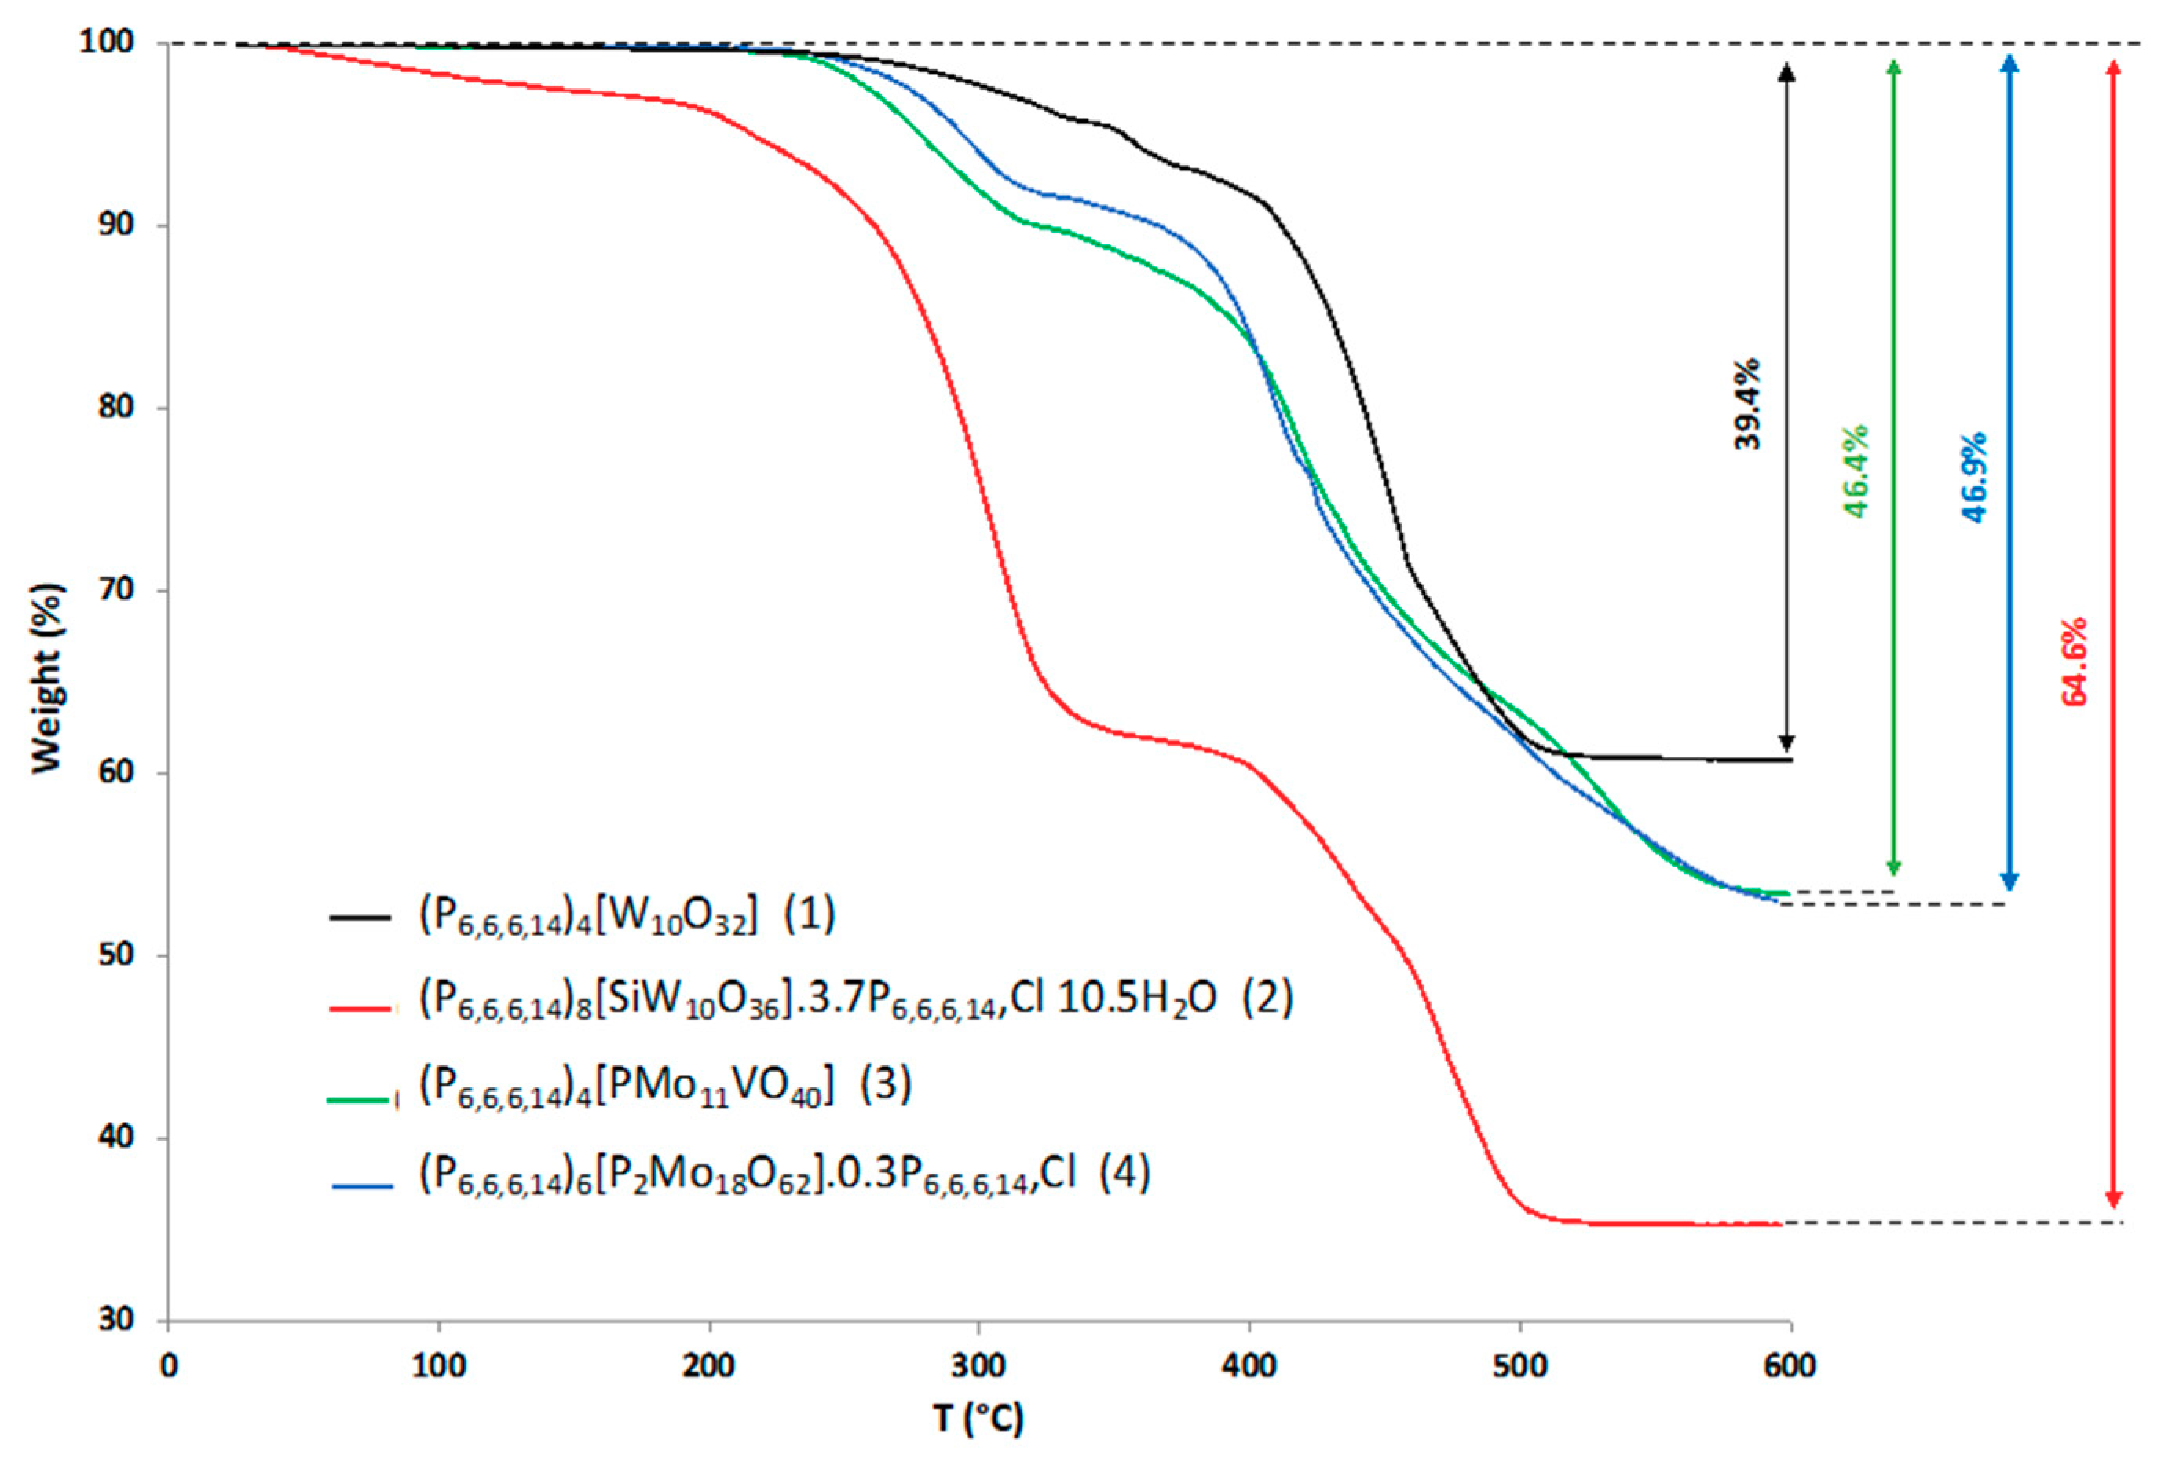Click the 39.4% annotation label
click(x=1747, y=404)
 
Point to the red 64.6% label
click(x=2075, y=661)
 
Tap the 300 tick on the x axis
click(x=978, y=1366)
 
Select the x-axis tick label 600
click(x=1789, y=1366)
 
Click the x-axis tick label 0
click(x=168, y=1366)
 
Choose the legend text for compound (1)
click(x=627, y=916)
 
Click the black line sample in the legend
click(x=360, y=918)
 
